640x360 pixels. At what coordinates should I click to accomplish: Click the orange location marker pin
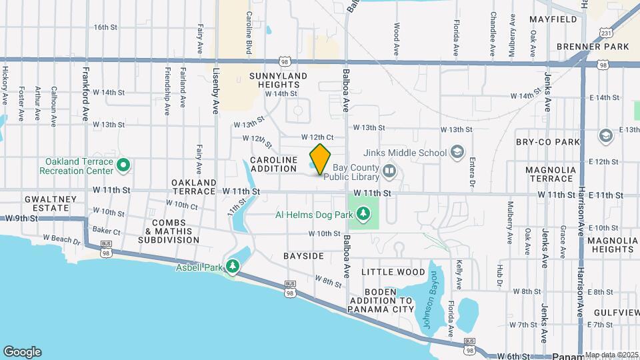[x=321, y=159]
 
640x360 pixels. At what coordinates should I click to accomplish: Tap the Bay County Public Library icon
[x=389, y=173]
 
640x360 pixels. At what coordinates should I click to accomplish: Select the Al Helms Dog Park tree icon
[x=363, y=214]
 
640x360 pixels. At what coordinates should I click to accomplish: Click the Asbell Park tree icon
[x=232, y=267]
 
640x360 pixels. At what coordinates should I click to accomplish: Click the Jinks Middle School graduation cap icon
[x=457, y=153]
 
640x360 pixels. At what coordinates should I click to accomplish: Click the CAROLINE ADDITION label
[x=273, y=164]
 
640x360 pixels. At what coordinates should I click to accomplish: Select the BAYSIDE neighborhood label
[x=303, y=256]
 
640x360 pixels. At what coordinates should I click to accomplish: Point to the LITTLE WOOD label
[x=393, y=272]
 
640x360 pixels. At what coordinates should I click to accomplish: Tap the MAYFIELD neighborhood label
[x=553, y=19]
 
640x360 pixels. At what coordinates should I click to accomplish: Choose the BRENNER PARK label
[x=593, y=47]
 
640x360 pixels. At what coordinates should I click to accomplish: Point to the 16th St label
[x=105, y=27]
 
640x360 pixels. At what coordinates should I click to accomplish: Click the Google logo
[x=22, y=352]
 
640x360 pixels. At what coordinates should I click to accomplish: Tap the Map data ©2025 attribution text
[x=611, y=355]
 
